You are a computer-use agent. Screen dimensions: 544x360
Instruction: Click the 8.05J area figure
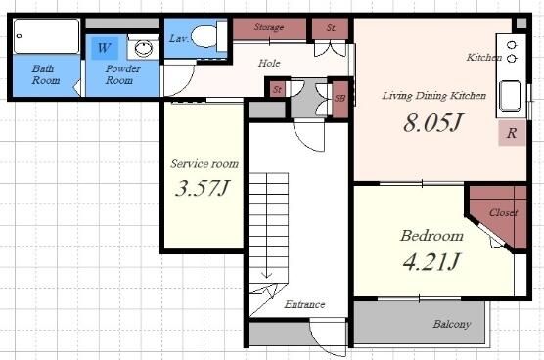tap(432, 122)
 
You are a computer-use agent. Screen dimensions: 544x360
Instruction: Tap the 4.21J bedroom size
tap(431, 261)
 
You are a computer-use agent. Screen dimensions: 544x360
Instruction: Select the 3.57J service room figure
tap(203, 188)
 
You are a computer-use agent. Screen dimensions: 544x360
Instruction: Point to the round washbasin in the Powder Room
tap(144, 48)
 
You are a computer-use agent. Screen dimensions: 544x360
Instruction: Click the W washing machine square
tap(104, 48)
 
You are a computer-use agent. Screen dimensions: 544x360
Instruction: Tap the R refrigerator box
tap(512, 133)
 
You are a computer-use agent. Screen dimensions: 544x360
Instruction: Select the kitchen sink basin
tap(510, 96)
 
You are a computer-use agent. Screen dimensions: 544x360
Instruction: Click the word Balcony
tap(452, 324)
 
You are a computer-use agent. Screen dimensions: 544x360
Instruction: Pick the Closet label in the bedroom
tap(504, 212)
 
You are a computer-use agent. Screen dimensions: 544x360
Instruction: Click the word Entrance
tap(304, 304)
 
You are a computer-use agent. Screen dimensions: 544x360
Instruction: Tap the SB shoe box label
tap(340, 99)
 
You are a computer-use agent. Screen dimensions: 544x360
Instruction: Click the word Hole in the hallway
tap(269, 64)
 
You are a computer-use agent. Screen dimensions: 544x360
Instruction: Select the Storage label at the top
tap(269, 27)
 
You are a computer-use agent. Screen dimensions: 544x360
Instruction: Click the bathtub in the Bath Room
tap(47, 36)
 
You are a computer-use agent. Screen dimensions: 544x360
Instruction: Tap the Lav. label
tap(179, 38)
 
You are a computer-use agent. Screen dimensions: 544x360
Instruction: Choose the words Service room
tap(204, 163)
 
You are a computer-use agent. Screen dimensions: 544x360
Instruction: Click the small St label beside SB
tap(278, 89)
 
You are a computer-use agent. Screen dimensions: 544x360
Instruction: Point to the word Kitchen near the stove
tap(484, 57)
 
